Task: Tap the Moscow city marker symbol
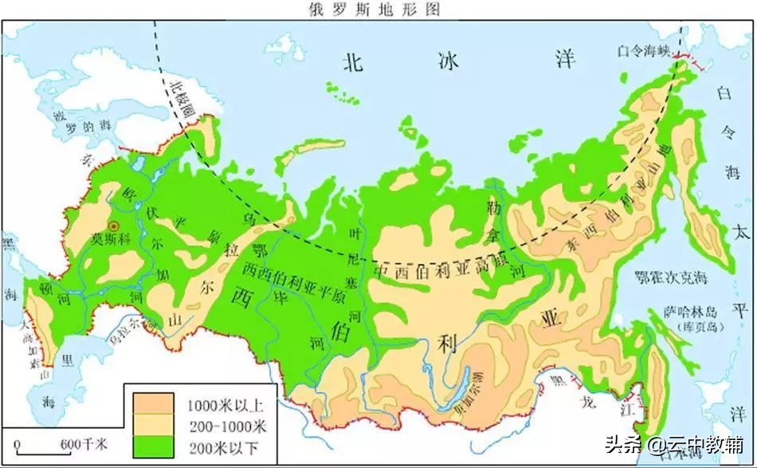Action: click(115, 226)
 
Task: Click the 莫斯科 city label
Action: click(108, 238)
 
